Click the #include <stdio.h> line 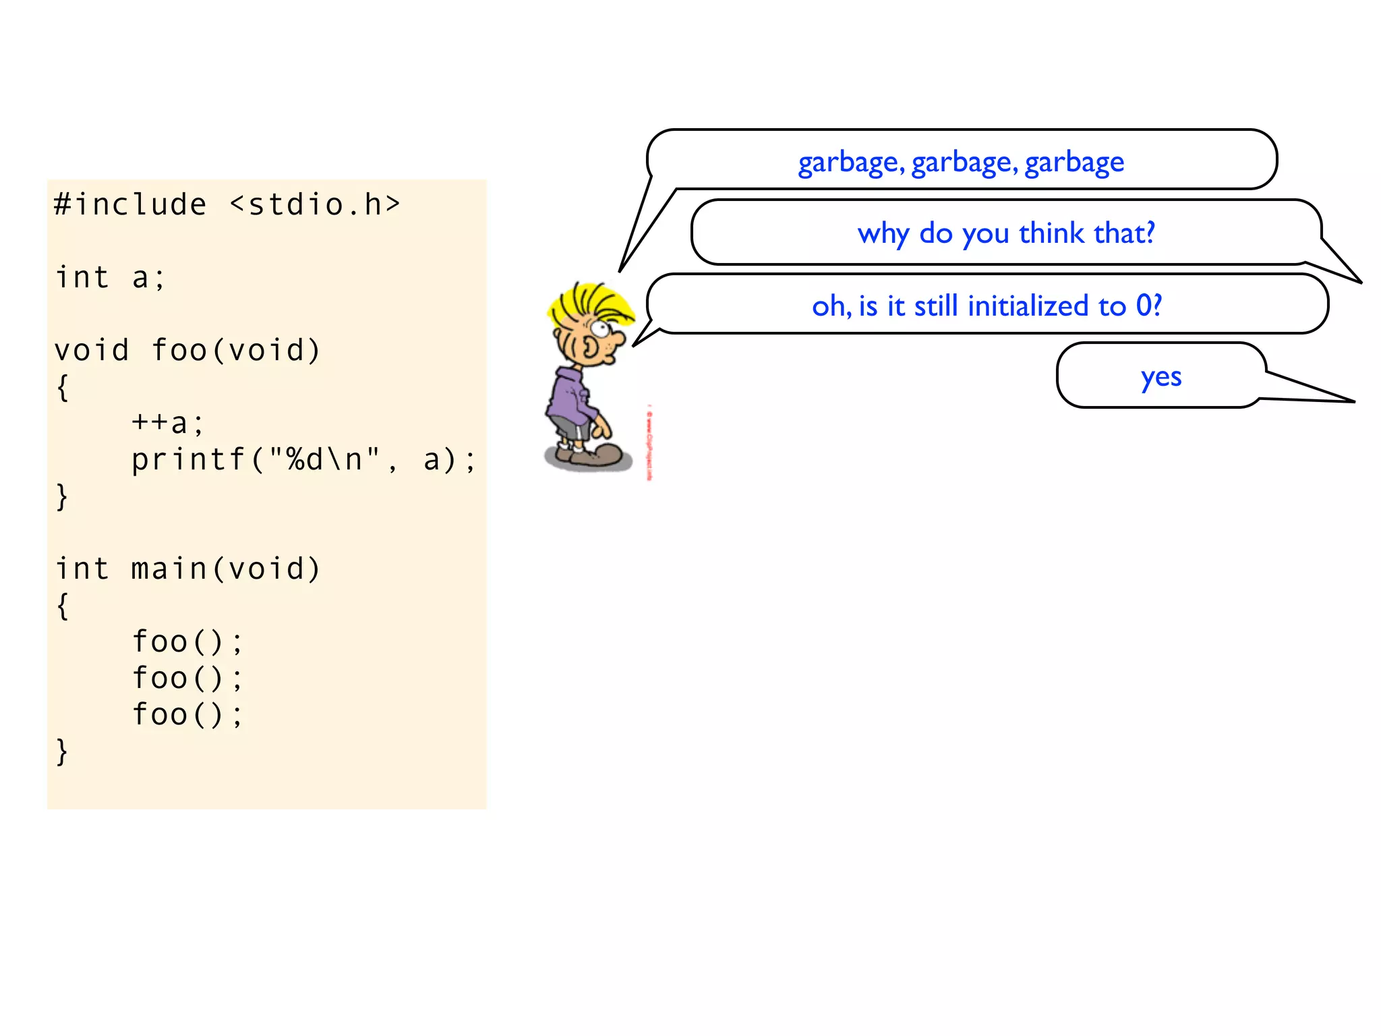(227, 204)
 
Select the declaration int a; (110, 277)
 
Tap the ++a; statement (167, 423)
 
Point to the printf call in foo (303, 459)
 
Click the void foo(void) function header (187, 350)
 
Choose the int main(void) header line (187, 569)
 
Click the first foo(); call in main (187, 641)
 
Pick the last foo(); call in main (187, 714)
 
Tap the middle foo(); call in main (187, 678)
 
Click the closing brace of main (62, 751)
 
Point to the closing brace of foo (62, 496)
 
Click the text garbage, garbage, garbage (961, 163)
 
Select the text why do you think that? (1006, 233)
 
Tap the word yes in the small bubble (1160, 376)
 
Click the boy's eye (599, 330)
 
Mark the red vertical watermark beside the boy (649, 442)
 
